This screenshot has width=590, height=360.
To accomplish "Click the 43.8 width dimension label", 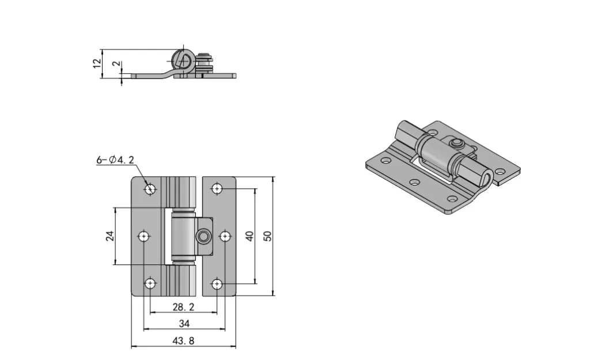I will [184, 341].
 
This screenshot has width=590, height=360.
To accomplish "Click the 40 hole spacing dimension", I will [249, 236].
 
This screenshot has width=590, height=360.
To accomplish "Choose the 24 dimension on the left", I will [110, 236].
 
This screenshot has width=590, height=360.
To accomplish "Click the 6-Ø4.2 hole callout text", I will [115, 160].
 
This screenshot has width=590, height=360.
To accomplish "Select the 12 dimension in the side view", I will [97, 62].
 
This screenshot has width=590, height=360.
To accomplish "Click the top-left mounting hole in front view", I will [150, 188].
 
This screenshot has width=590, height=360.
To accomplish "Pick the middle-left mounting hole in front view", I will [143, 236].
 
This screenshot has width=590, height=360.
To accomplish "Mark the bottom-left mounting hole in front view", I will [150, 283].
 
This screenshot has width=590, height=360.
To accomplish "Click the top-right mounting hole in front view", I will [217, 188].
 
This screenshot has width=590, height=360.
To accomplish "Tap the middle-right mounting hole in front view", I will [225, 236].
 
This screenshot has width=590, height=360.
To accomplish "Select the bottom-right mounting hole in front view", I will [217, 283].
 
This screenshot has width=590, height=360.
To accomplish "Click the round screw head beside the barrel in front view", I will [203, 236].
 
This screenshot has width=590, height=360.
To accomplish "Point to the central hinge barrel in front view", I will [184, 236].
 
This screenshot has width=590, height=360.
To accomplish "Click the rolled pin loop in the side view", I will [183, 60].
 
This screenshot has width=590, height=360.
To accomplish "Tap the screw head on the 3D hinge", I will [456, 143].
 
